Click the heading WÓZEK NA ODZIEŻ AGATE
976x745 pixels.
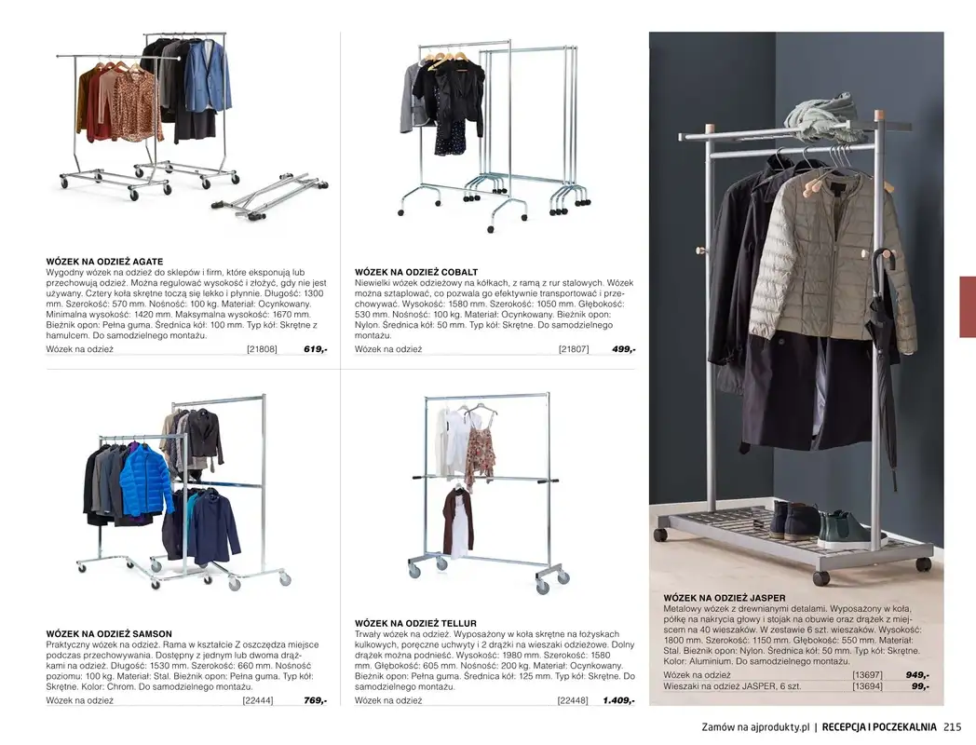click(104, 262)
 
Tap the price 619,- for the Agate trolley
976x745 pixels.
click(315, 349)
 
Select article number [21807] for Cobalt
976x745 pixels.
click(573, 349)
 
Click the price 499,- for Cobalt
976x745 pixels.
click(623, 349)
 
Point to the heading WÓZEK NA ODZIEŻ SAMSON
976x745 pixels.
click(109, 634)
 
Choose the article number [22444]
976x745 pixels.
click(258, 700)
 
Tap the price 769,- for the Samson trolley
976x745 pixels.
click(315, 700)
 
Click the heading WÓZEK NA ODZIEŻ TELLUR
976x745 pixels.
click(415, 623)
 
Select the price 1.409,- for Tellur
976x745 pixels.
click(618, 700)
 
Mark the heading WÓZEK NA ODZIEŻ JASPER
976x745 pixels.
click(725, 598)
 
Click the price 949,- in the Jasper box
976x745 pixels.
click(917, 675)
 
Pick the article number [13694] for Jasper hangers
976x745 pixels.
click(866, 686)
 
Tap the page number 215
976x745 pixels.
click(952, 727)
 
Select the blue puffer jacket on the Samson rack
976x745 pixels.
click(145, 480)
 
